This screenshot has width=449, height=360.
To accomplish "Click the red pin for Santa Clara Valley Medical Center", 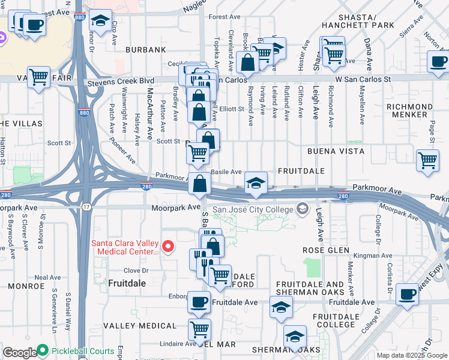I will pos(169,247).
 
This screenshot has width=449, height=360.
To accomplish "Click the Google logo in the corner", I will pos(19,353).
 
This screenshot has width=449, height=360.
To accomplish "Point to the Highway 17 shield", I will pos(87,207).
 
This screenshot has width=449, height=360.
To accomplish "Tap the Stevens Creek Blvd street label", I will pos(121,80).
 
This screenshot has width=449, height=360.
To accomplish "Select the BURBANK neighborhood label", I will pos(145,49).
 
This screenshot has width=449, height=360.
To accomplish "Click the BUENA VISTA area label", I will pos(336,151).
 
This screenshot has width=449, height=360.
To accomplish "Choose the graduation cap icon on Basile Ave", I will pos(256,182).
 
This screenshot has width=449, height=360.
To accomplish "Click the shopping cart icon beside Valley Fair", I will pos(38,77).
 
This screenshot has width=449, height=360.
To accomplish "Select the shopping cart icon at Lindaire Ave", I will pos(199,329).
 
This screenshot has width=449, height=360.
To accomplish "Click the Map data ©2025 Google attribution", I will pos(411,355).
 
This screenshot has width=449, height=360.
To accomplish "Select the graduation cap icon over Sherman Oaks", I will pos(295,336).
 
